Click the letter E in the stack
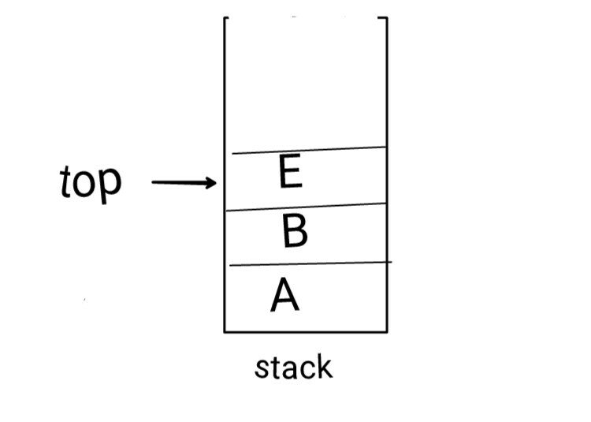click(x=291, y=171)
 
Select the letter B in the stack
click(x=295, y=230)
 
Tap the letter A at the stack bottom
click(x=285, y=295)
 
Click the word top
click(x=91, y=183)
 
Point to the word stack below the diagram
click(x=294, y=367)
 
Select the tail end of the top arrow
click(x=152, y=182)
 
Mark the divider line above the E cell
click(x=309, y=150)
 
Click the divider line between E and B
click(x=306, y=207)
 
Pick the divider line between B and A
click(x=310, y=263)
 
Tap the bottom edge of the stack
click(x=306, y=332)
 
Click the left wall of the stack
click(x=225, y=174)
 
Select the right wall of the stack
click(x=387, y=174)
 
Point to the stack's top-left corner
click(x=225, y=17)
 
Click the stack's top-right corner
click(x=387, y=17)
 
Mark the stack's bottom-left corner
click(x=225, y=332)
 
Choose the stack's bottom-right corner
click(x=387, y=332)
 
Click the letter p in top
click(x=110, y=186)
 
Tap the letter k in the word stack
click(x=324, y=366)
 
